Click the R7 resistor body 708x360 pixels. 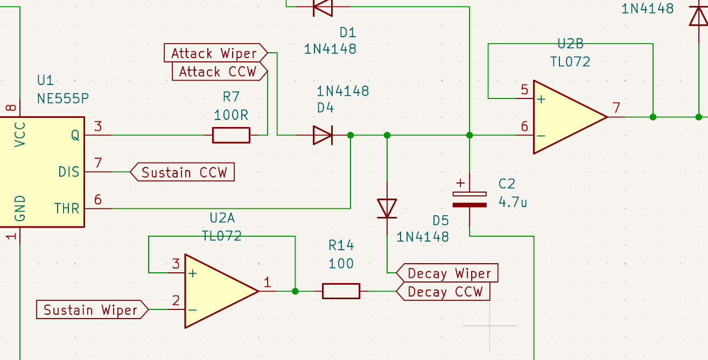click(231, 135)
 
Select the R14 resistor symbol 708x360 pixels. click(341, 291)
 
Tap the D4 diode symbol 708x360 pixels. click(323, 135)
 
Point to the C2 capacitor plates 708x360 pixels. click(469, 200)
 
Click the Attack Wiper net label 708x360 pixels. click(216, 53)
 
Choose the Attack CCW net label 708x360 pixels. click(220, 72)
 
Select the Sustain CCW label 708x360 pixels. click(182, 172)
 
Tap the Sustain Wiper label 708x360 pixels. click(92, 309)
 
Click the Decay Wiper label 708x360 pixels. click(447, 273)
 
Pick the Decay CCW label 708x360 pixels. click(443, 291)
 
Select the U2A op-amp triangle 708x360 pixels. click(222, 291)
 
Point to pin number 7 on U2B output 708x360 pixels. click(616, 108)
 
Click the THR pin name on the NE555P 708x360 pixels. click(67, 208)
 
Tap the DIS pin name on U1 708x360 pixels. click(68, 172)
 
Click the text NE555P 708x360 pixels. click(62, 98)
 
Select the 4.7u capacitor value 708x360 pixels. click(513, 202)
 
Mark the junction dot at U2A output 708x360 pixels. click(295, 291)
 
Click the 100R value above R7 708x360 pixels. click(231, 115)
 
